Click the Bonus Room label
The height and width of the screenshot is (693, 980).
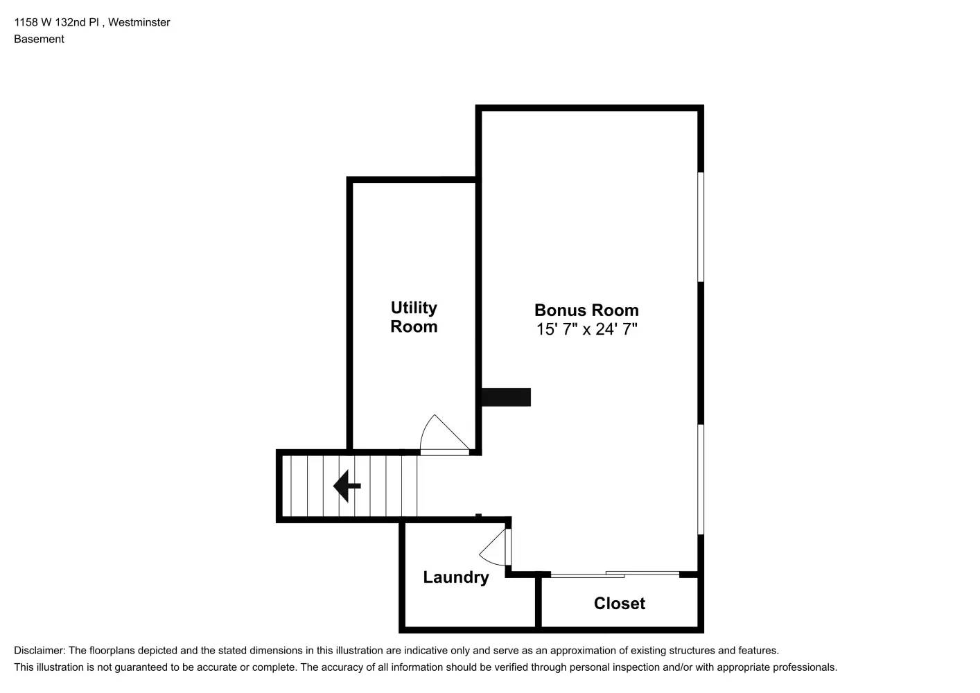(x=586, y=310)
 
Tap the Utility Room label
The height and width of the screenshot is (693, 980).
(x=414, y=317)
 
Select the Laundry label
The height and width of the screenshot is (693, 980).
(x=456, y=577)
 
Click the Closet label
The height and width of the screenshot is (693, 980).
(x=619, y=604)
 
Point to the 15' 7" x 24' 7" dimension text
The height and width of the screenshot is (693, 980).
(x=586, y=329)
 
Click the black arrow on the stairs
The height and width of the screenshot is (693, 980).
(x=347, y=486)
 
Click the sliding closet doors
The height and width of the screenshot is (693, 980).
(x=615, y=574)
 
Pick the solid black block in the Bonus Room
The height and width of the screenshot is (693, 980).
(x=506, y=397)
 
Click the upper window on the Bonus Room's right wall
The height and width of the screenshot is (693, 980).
(x=701, y=227)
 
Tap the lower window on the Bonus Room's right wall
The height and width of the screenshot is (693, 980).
(x=701, y=479)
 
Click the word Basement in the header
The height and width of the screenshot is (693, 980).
(x=39, y=39)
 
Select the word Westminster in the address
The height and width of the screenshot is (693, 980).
(x=139, y=22)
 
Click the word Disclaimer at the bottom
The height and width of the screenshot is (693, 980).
(x=39, y=651)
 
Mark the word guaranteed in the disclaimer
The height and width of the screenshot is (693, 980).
(x=143, y=667)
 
